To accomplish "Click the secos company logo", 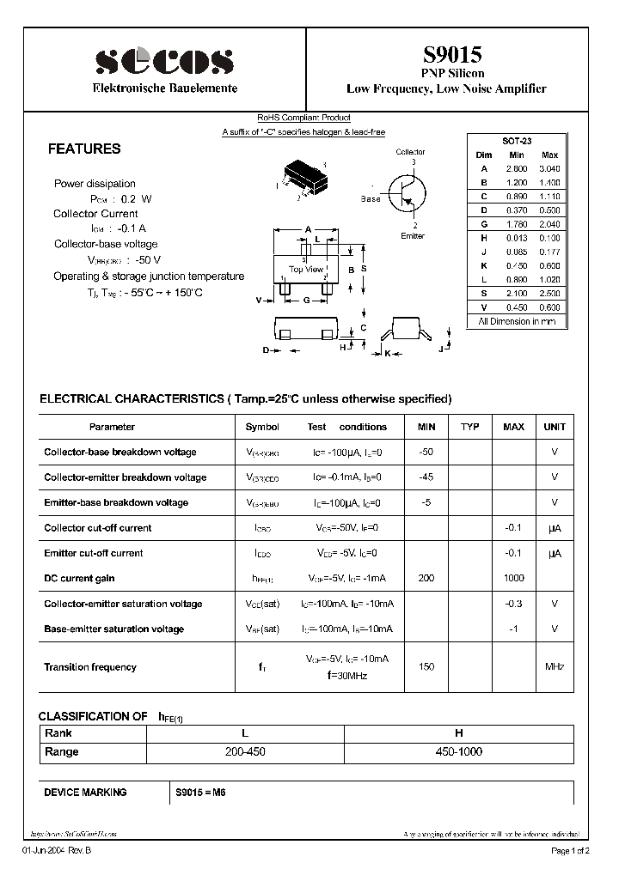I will [164, 61].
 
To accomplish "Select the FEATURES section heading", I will [84, 149].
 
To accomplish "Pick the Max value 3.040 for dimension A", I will [549, 168].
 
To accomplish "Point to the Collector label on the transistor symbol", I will [410, 152].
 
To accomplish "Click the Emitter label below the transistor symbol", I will [413, 236].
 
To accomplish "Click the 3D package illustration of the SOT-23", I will [301, 175].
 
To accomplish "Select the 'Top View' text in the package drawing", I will [306, 270].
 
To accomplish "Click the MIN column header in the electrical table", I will [426, 427].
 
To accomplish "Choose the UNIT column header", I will [555, 427].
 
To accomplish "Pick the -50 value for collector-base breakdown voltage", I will [426, 452].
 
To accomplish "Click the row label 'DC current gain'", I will [79, 579].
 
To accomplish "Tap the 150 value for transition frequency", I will [426, 667].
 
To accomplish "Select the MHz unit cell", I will [555, 667].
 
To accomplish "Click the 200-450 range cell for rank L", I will [245, 751].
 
